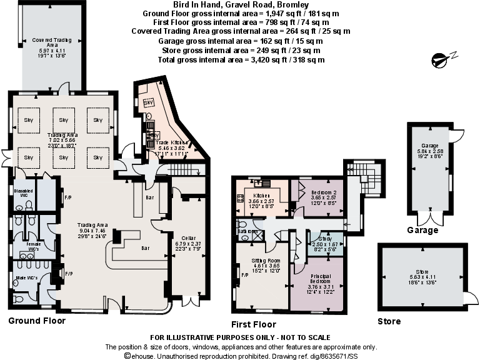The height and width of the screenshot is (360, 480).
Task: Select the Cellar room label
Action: [x=188, y=238]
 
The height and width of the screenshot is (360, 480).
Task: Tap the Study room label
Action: [x=324, y=238]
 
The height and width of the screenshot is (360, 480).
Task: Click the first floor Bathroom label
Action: [x=247, y=231]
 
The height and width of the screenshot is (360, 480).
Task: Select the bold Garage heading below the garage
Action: [x=422, y=231]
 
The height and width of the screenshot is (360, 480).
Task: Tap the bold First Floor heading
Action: [x=253, y=324]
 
